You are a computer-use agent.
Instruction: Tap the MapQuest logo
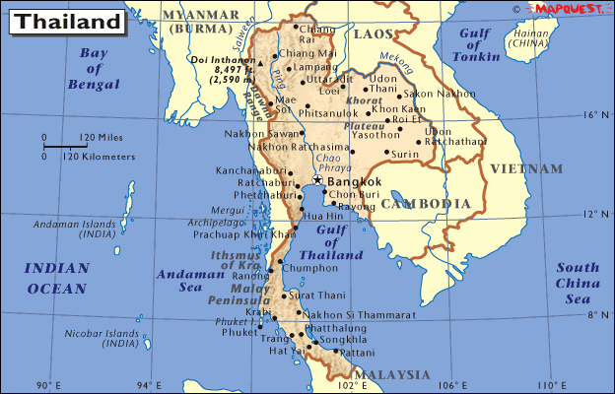[x=568, y=8]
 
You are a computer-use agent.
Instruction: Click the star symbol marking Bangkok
[x=317, y=180]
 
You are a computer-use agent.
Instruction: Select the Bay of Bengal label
[x=94, y=69]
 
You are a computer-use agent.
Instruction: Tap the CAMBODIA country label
[x=426, y=204]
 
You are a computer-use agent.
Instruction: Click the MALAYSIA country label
[x=391, y=375]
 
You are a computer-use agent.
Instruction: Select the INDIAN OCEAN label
[x=56, y=278]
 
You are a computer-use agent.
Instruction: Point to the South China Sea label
[x=578, y=283]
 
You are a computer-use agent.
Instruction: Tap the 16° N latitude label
[x=590, y=114]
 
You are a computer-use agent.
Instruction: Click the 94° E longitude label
[x=148, y=385]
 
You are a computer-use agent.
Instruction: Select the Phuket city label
[x=239, y=332]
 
